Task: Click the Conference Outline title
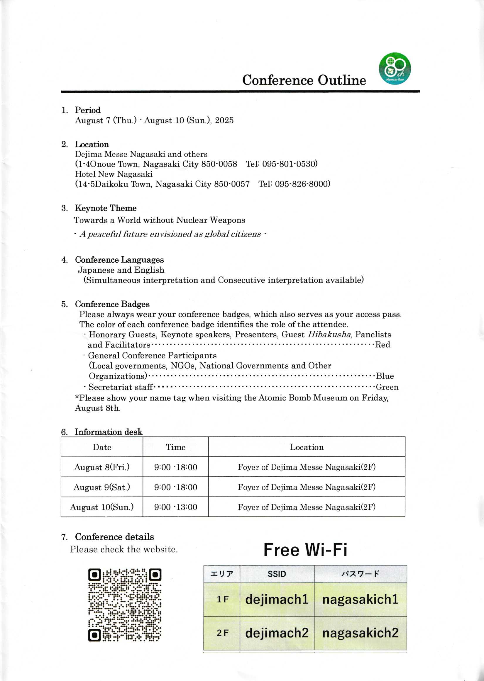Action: pos(304,80)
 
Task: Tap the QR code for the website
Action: pos(125,605)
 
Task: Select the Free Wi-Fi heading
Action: pos(305,550)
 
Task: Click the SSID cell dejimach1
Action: pos(277,599)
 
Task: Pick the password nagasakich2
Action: pos(360,633)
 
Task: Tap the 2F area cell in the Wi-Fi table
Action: pos(222,633)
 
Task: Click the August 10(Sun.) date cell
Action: pos(101,507)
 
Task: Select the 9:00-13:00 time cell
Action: pos(175,507)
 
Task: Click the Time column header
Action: pos(175,447)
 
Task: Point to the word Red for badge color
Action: pos(383,345)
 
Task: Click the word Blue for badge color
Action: pos(385,376)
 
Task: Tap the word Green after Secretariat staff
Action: pos(387,387)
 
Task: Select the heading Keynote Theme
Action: pos(106,208)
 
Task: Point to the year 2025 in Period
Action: pos(224,120)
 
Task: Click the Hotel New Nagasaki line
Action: pos(114,174)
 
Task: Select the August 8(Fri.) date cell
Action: pos(101,467)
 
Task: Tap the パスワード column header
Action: pos(360,574)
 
